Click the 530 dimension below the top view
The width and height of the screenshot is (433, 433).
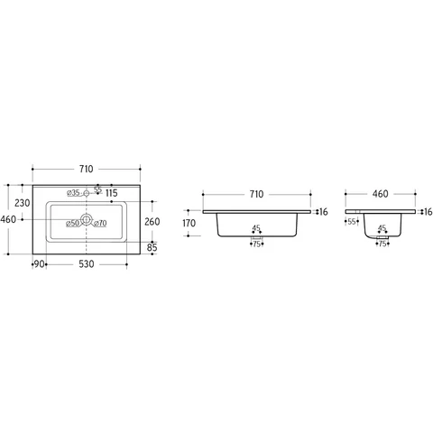pyautogui.click(x=87, y=264)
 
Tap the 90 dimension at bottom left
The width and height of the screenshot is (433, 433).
pyautogui.click(x=40, y=264)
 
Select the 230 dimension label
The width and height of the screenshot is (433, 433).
pyautogui.click(x=23, y=203)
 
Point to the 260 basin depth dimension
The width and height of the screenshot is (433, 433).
pyautogui.click(x=152, y=222)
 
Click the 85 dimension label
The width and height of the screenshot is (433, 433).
pyautogui.click(x=152, y=247)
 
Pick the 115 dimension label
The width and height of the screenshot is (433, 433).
pyautogui.click(x=112, y=193)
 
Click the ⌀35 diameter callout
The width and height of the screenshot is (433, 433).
pyautogui.click(x=73, y=193)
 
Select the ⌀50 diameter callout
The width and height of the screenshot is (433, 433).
pyautogui.click(x=72, y=224)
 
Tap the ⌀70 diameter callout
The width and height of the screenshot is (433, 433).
pyautogui.click(x=100, y=224)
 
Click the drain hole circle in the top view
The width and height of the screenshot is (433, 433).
pyautogui.click(x=87, y=219)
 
